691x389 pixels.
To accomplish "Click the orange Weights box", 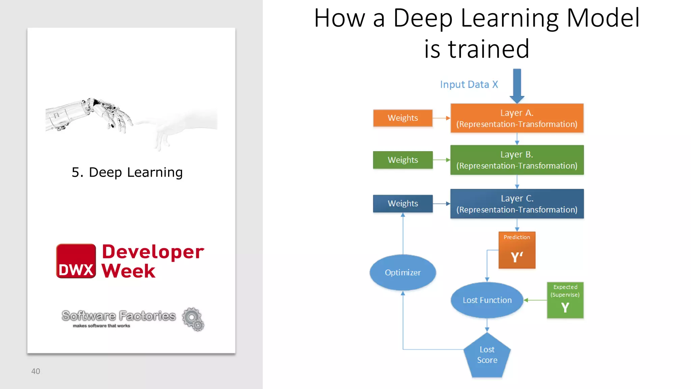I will click(403, 118).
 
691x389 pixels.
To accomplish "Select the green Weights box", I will click(403, 160).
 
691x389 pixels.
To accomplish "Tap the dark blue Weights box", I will click(403, 203).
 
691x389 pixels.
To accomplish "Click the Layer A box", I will click(517, 118).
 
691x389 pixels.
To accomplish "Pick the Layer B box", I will click(517, 160).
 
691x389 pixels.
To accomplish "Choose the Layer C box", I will click(517, 204).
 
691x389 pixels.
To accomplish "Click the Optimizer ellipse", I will click(403, 272).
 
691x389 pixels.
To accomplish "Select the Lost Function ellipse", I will click(487, 300).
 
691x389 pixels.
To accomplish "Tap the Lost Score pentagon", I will click(487, 356).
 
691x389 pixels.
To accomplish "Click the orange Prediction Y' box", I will click(517, 250).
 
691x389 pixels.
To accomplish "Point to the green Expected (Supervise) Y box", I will click(565, 300).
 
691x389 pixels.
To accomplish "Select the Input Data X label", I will click(469, 84).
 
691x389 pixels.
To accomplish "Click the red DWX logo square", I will click(76, 261).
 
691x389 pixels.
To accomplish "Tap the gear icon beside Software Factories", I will click(193, 319).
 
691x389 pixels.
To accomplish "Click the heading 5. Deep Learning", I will click(127, 172).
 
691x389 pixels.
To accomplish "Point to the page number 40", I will click(35, 371).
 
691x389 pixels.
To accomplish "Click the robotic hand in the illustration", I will click(101, 113).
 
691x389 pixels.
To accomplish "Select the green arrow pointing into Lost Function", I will click(535, 300).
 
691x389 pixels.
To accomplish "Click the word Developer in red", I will click(153, 252).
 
